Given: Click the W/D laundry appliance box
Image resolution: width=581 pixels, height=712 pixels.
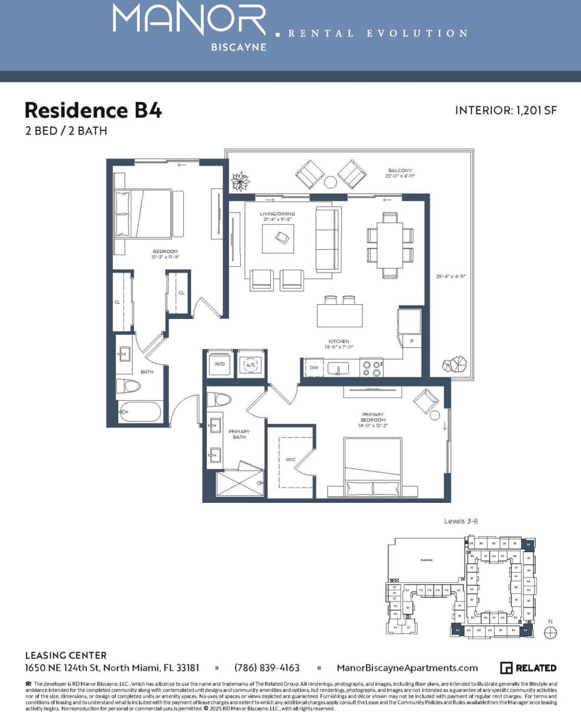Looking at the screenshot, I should [220, 364].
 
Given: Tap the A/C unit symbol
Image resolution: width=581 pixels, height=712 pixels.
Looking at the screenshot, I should [250, 364].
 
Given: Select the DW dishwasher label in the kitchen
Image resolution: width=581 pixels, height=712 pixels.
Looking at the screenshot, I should [313, 368].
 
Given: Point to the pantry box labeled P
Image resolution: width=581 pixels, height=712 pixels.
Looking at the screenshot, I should [411, 340].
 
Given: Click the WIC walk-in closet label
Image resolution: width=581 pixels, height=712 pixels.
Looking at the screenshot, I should [290, 459].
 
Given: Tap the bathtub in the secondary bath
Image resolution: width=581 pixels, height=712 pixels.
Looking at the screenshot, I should [139, 412].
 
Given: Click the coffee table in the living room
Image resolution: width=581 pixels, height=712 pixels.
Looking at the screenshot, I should [278, 237].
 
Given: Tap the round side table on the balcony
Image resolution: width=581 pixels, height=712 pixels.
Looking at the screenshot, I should [331, 182].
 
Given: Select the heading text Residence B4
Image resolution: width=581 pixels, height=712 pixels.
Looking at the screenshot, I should [93, 110].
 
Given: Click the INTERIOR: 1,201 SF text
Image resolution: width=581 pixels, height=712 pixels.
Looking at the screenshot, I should [505, 110].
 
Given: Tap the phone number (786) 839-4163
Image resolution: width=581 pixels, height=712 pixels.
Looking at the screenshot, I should [267, 668].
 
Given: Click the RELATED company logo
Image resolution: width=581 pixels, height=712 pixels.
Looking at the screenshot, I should [528, 668].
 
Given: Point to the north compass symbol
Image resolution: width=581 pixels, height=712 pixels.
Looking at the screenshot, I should [550, 632].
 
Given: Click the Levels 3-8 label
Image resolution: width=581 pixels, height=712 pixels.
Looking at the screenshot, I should [462, 521].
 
